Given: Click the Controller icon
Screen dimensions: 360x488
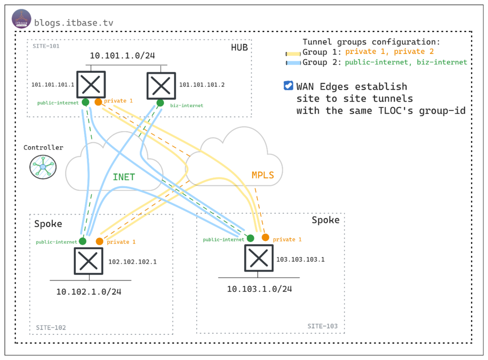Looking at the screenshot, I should point(43,167).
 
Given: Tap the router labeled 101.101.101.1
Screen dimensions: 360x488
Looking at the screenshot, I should point(91,85).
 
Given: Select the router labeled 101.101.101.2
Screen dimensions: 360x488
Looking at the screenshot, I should point(161,85).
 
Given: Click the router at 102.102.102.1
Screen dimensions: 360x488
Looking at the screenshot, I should point(88,261).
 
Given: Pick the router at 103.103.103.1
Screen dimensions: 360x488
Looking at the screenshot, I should point(258,258).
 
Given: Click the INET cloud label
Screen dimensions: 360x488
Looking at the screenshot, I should point(124,177).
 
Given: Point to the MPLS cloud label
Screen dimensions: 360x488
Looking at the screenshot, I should point(263,175).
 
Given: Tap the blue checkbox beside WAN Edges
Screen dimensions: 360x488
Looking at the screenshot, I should point(288,86).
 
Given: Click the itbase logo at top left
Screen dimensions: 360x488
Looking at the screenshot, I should point(21,19).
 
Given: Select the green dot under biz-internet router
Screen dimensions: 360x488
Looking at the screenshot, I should point(160,103).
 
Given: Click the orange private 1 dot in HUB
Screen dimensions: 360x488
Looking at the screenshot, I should point(98,102).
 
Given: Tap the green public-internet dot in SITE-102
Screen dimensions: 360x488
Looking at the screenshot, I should point(83,241).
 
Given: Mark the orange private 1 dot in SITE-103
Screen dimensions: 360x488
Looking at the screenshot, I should point(265,238).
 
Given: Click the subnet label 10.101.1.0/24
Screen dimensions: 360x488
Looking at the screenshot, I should point(122,56).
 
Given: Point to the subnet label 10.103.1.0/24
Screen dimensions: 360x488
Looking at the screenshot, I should point(260,289).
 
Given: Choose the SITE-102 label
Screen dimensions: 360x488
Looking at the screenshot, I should point(51,327).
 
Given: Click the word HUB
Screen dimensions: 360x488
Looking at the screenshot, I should point(239,47).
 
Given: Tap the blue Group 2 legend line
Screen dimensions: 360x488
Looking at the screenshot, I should point(293,63).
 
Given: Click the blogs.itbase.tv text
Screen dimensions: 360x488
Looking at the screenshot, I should point(74,22).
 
